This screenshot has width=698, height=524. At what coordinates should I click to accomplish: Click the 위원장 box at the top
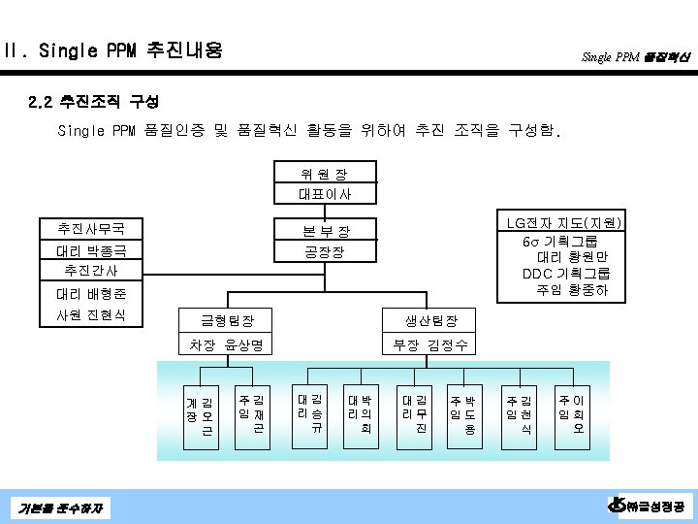[324, 175]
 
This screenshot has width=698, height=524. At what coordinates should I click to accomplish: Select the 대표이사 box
[324, 194]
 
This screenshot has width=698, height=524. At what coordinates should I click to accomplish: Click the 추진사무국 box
[96, 230]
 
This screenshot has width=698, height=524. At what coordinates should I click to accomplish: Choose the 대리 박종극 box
[96, 251]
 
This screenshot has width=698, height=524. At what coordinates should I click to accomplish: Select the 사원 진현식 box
[96, 315]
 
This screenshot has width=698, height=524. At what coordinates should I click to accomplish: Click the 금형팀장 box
[226, 320]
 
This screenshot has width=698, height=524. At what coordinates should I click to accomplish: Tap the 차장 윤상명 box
[226, 344]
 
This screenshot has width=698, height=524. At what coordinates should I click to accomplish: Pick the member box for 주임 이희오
[572, 413]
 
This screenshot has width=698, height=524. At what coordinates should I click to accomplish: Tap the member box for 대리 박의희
[360, 413]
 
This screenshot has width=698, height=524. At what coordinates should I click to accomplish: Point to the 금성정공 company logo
[648, 506]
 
